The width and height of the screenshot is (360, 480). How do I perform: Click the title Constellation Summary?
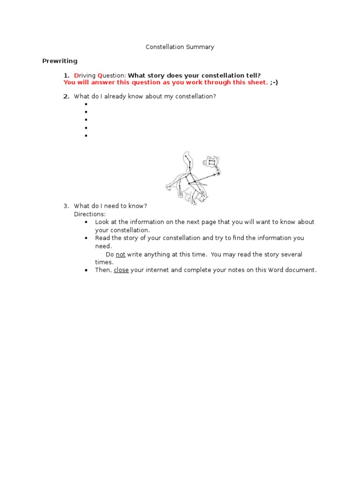(x=180, y=47)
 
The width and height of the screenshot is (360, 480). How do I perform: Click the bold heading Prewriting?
(x=60, y=61)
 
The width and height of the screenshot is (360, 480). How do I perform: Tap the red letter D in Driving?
(x=76, y=75)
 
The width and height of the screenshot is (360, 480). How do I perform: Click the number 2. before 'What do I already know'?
(x=66, y=97)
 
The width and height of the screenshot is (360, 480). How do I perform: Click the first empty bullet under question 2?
(x=86, y=104)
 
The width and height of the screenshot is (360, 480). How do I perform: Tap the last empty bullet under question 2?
(x=86, y=136)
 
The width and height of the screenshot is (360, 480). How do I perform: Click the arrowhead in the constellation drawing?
(x=217, y=174)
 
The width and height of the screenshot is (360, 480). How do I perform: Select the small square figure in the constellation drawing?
(x=212, y=163)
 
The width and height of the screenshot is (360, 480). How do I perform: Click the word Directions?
(x=90, y=214)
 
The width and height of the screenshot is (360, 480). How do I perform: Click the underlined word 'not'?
(x=120, y=255)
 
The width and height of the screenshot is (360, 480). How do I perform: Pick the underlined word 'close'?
(x=121, y=270)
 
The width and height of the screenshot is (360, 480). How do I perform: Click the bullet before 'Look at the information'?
(x=86, y=222)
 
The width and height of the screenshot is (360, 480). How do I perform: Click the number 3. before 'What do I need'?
(x=66, y=206)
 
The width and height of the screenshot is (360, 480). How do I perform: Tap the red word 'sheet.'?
(x=258, y=82)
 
